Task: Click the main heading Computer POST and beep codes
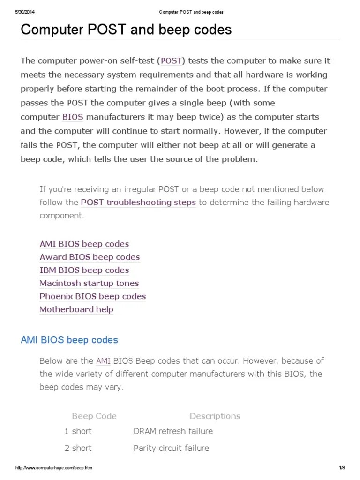coord(126,30)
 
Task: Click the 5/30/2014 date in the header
coord(25,12)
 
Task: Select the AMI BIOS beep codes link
coord(84,244)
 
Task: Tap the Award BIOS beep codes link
coord(90,257)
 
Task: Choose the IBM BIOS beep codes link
coord(84,270)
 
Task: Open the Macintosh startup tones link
coord(89,283)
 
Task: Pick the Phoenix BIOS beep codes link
coord(92,296)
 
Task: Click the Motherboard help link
coord(76,309)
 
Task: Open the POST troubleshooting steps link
coord(138,202)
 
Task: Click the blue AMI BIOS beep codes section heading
coord(69,340)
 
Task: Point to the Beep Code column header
coord(94,416)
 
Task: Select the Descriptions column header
coord(215,416)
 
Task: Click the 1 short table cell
coord(78,431)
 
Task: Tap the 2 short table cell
coord(78,448)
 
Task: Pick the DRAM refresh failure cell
coord(173,431)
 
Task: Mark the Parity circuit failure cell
coord(171,448)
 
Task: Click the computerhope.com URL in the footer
coord(54,468)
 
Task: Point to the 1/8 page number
coord(342,468)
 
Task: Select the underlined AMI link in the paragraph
coord(103,361)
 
